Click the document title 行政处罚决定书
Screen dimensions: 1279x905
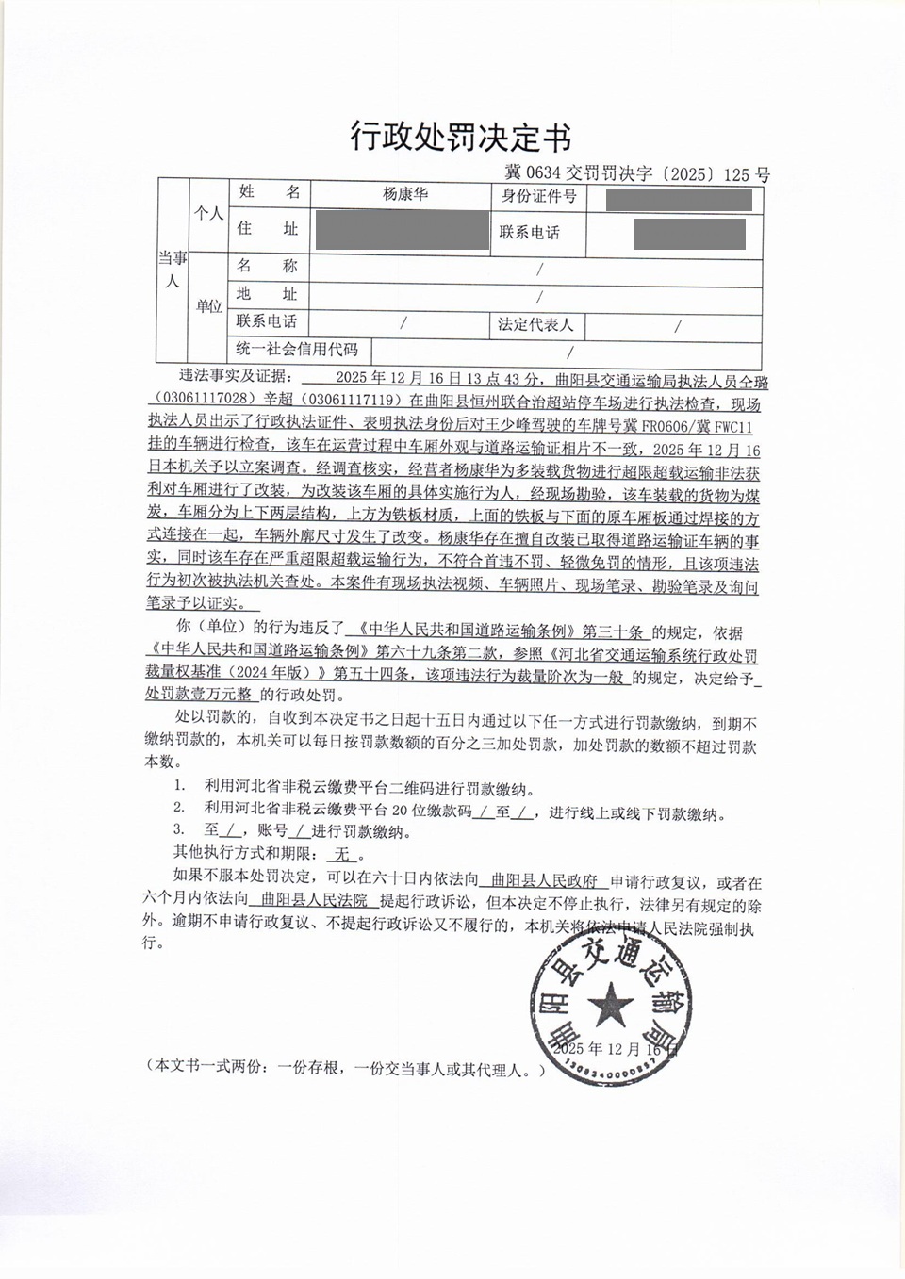(461, 138)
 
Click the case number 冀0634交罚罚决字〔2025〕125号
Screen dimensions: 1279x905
(637, 174)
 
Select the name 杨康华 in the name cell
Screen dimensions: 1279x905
(405, 194)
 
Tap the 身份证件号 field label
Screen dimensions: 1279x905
(538, 196)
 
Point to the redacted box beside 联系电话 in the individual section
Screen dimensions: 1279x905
(689, 233)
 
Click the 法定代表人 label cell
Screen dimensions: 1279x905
(535, 325)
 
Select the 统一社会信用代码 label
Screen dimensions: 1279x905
(299, 350)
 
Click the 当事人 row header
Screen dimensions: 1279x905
(173, 270)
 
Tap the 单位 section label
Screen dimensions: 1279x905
(209, 306)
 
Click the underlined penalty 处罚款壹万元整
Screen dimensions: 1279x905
(199, 695)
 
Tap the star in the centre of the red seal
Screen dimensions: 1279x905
(610, 1005)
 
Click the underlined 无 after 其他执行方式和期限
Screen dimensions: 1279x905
(341, 854)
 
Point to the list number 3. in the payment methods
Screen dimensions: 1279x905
(178, 829)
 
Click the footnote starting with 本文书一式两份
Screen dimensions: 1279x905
(346, 1068)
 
